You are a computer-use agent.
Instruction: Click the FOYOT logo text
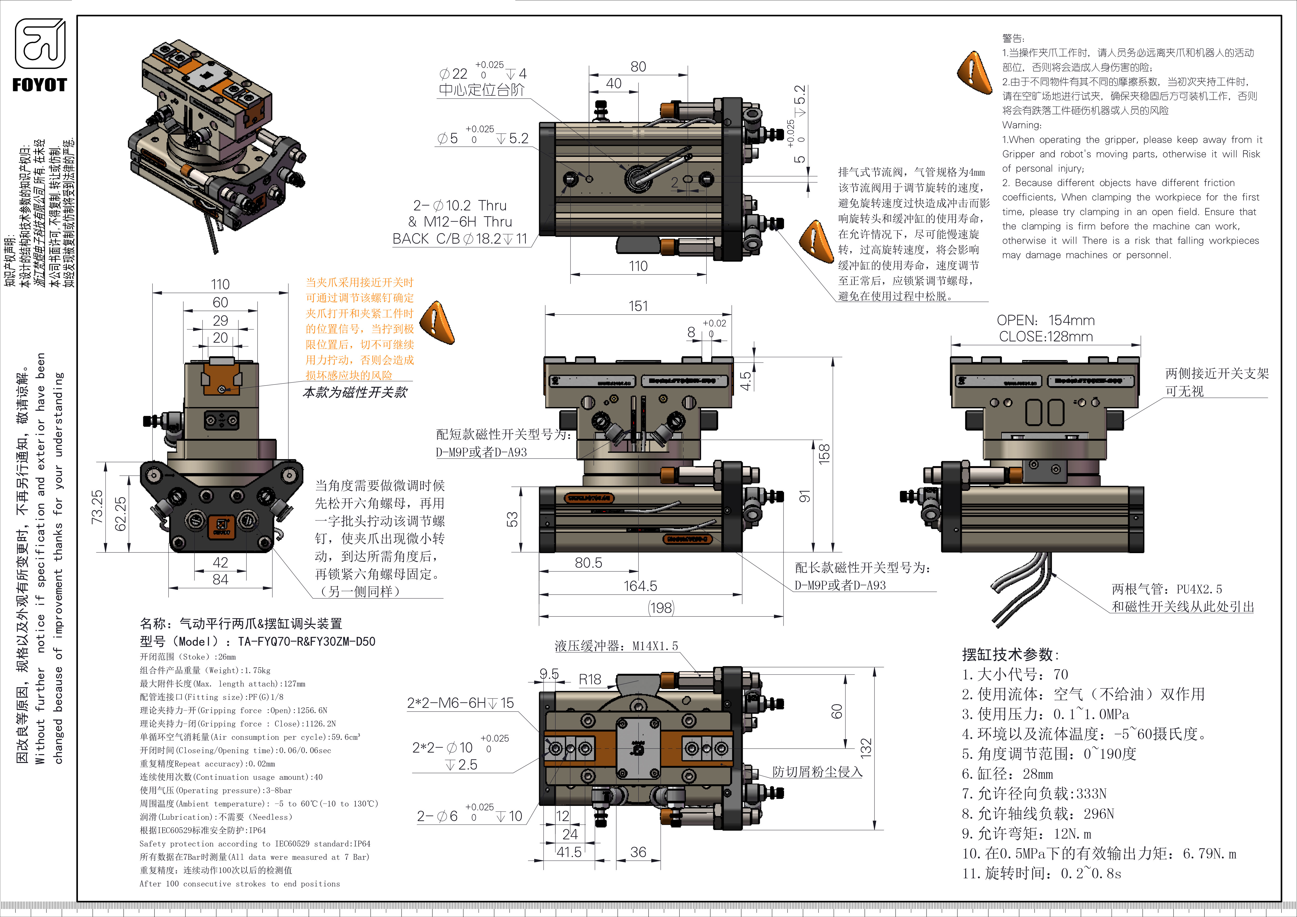click(39, 85)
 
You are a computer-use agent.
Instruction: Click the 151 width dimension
click(638, 306)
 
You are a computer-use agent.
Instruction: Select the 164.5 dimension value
click(640, 586)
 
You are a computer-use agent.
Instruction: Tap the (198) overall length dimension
click(661, 608)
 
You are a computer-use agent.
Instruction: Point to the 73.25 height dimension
click(97, 507)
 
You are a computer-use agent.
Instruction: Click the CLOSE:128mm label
click(1045, 336)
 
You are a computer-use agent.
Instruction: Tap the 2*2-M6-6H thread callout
click(460, 703)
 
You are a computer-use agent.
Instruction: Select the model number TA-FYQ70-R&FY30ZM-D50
click(306, 641)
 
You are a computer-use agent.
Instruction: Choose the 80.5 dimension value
click(588, 563)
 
